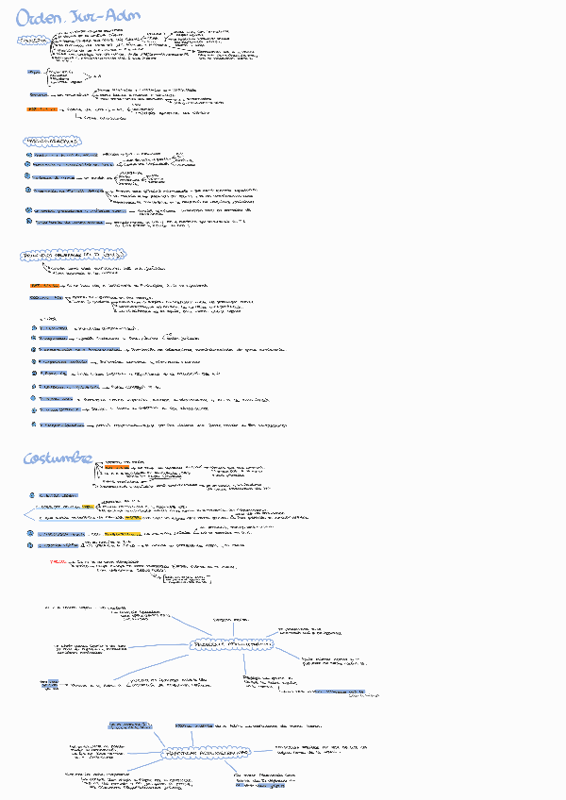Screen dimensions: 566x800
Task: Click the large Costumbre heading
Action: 58,458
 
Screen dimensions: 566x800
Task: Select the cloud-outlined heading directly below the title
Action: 35,42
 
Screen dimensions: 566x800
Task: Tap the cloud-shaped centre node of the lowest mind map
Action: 207,754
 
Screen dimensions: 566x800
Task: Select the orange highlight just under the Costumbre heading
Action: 117,466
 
